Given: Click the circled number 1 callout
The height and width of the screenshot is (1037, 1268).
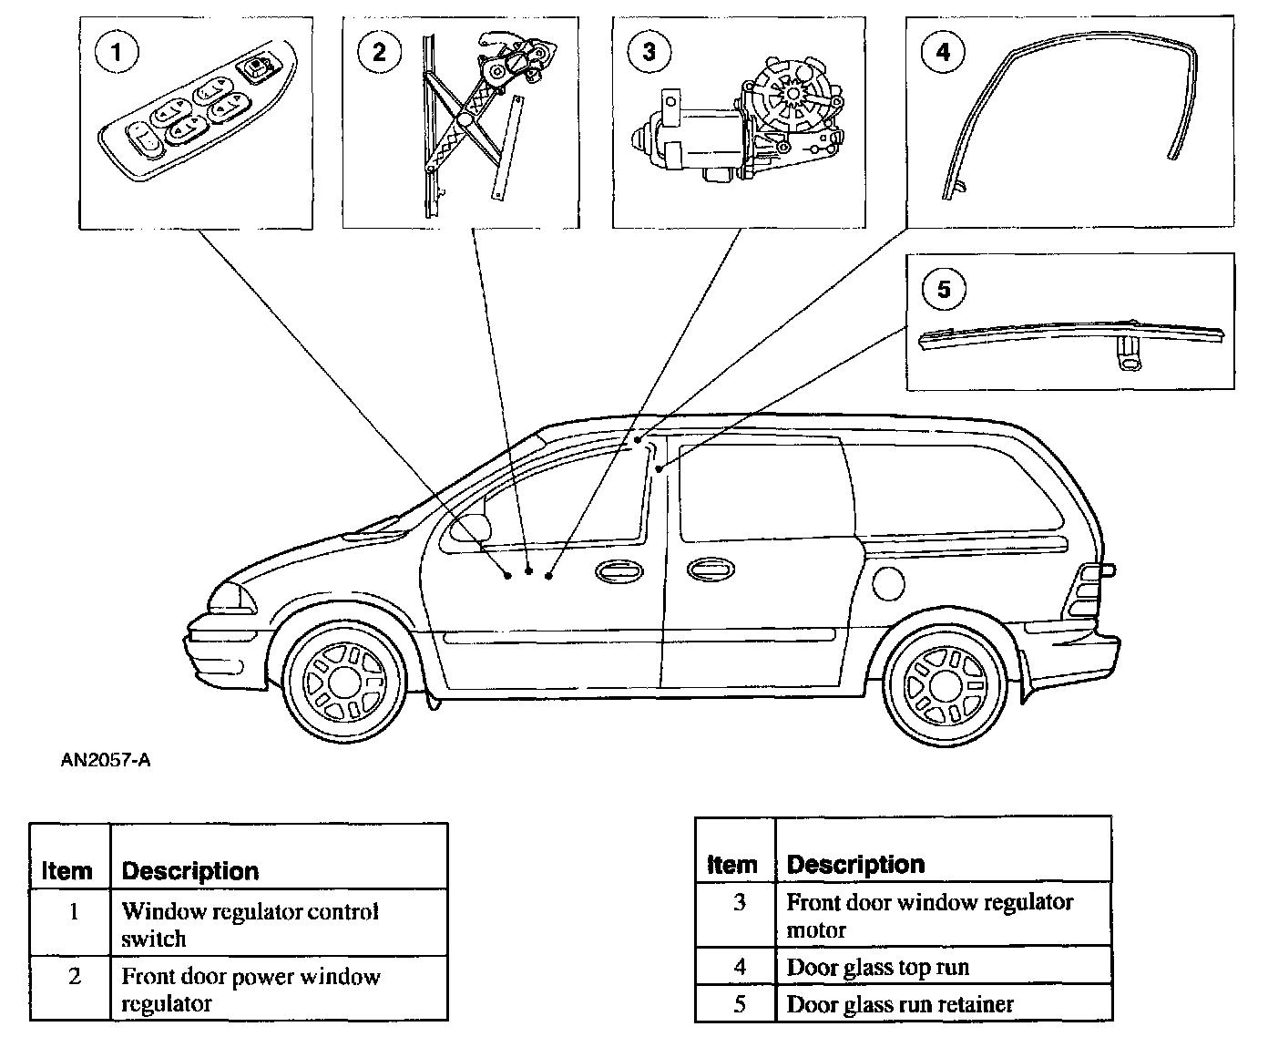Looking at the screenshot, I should click(116, 53).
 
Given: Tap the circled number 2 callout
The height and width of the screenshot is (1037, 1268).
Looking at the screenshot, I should click(379, 53).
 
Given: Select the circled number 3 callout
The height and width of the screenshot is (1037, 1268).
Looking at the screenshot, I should click(648, 52).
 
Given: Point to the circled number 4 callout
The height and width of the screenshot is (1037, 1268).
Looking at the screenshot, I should click(943, 52).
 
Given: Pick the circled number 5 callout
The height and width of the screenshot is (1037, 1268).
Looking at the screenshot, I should click(943, 290).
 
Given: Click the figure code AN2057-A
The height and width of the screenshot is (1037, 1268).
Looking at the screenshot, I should click(106, 759).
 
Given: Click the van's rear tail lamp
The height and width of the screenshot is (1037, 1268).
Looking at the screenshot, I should click(1089, 591).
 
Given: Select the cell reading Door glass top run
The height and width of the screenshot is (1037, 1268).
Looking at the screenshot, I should click(877, 967).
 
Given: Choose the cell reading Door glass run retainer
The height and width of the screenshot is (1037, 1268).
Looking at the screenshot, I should click(899, 1004).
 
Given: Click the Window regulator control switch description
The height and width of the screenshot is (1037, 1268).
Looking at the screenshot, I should click(250, 924).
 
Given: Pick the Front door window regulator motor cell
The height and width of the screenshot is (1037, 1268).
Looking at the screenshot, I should click(929, 916).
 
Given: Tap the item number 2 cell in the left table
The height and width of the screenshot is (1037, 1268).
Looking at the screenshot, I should click(75, 977).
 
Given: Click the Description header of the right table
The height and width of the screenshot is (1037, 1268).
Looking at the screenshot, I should click(855, 864).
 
